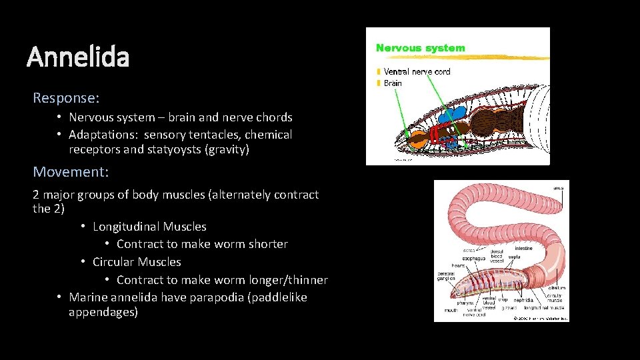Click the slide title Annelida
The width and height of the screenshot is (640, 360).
(x=78, y=57)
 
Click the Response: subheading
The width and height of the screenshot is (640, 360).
(x=66, y=98)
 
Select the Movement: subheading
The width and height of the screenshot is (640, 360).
(x=71, y=172)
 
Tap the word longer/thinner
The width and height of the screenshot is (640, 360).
(x=287, y=280)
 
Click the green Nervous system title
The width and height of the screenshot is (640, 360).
(x=420, y=48)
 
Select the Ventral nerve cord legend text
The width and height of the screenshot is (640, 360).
(x=417, y=71)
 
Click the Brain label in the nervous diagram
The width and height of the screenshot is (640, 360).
(x=393, y=83)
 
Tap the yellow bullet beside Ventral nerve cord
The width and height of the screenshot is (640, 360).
(x=379, y=71)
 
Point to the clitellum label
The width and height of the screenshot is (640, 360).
(x=557, y=289)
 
